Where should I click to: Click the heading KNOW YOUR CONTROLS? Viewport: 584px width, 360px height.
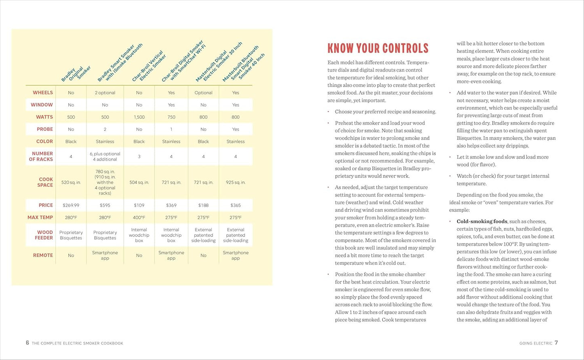click(x=377, y=48)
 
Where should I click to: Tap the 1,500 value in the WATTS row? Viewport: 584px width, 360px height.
click(x=139, y=117)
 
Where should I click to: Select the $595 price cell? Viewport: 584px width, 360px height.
click(x=105, y=205)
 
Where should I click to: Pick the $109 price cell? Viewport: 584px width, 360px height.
click(x=139, y=205)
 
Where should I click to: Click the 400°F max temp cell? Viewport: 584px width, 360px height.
click(x=139, y=217)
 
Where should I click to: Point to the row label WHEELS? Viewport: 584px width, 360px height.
click(x=43, y=93)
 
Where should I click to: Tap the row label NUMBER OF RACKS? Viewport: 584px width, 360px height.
click(x=41, y=156)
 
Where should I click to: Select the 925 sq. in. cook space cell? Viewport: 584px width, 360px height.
click(x=236, y=182)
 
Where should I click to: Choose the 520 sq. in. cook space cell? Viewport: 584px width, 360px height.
click(x=71, y=182)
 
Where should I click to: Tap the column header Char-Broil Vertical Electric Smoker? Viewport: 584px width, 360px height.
click(x=148, y=67)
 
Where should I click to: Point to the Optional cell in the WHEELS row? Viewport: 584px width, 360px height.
click(x=203, y=93)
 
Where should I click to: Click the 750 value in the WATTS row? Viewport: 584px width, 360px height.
click(x=171, y=117)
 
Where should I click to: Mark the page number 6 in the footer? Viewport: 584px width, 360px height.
click(x=27, y=343)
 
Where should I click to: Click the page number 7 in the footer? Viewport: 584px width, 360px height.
click(x=556, y=343)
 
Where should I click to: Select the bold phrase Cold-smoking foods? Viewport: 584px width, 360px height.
click(x=482, y=221)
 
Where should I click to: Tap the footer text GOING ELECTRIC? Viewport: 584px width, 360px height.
click(x=536, y=343)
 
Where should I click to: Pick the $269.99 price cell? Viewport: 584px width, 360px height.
click(x=71, y=205)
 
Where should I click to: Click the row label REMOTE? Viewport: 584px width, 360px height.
click(x=43, y=255)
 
